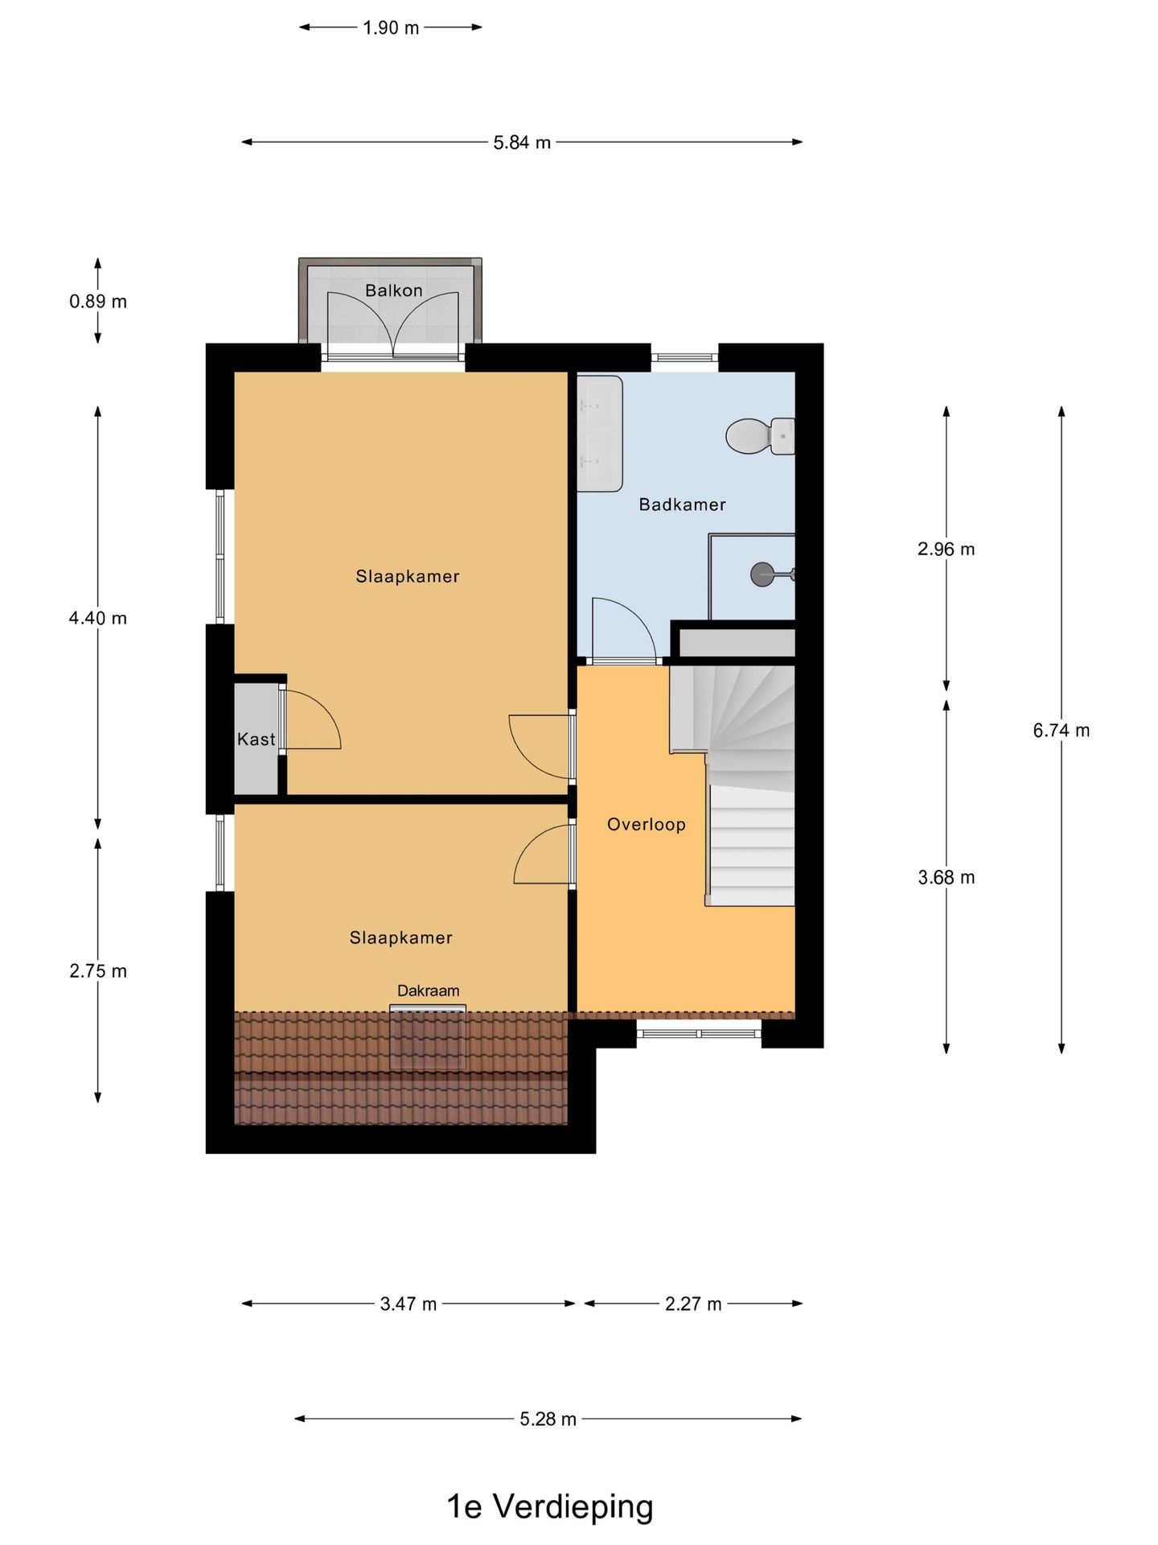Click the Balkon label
pyautogui.click(x=393, y=290)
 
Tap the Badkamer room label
pyautogui.click(x=682, y=505)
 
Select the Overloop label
pyautogui.click(x=646, y=824)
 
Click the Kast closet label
pyautogui.click(x=256, y=739)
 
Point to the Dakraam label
pyautogui.click(x=428, y=991)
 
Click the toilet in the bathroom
pyautogui.click(x=760, y=435)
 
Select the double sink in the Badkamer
pyautogui.click(x=600, y=433)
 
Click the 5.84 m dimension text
pyautogui.click(x=522, y=142)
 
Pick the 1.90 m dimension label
pyautogui.click(x=391, y=27)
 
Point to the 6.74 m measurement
pyautogui.click(x=1061, y=730)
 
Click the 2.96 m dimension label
pyautogui.click(x=946, y=549)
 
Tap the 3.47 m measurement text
pyautogui.click(x=409, y=1304)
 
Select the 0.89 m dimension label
pyautogui.click(x=98, y=301)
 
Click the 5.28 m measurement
pyautogui.click(x=548, y=1419)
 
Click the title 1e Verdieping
pyautogui.click(x=550, y=1506)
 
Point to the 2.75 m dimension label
pyautogui.click(x=98, y=970)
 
